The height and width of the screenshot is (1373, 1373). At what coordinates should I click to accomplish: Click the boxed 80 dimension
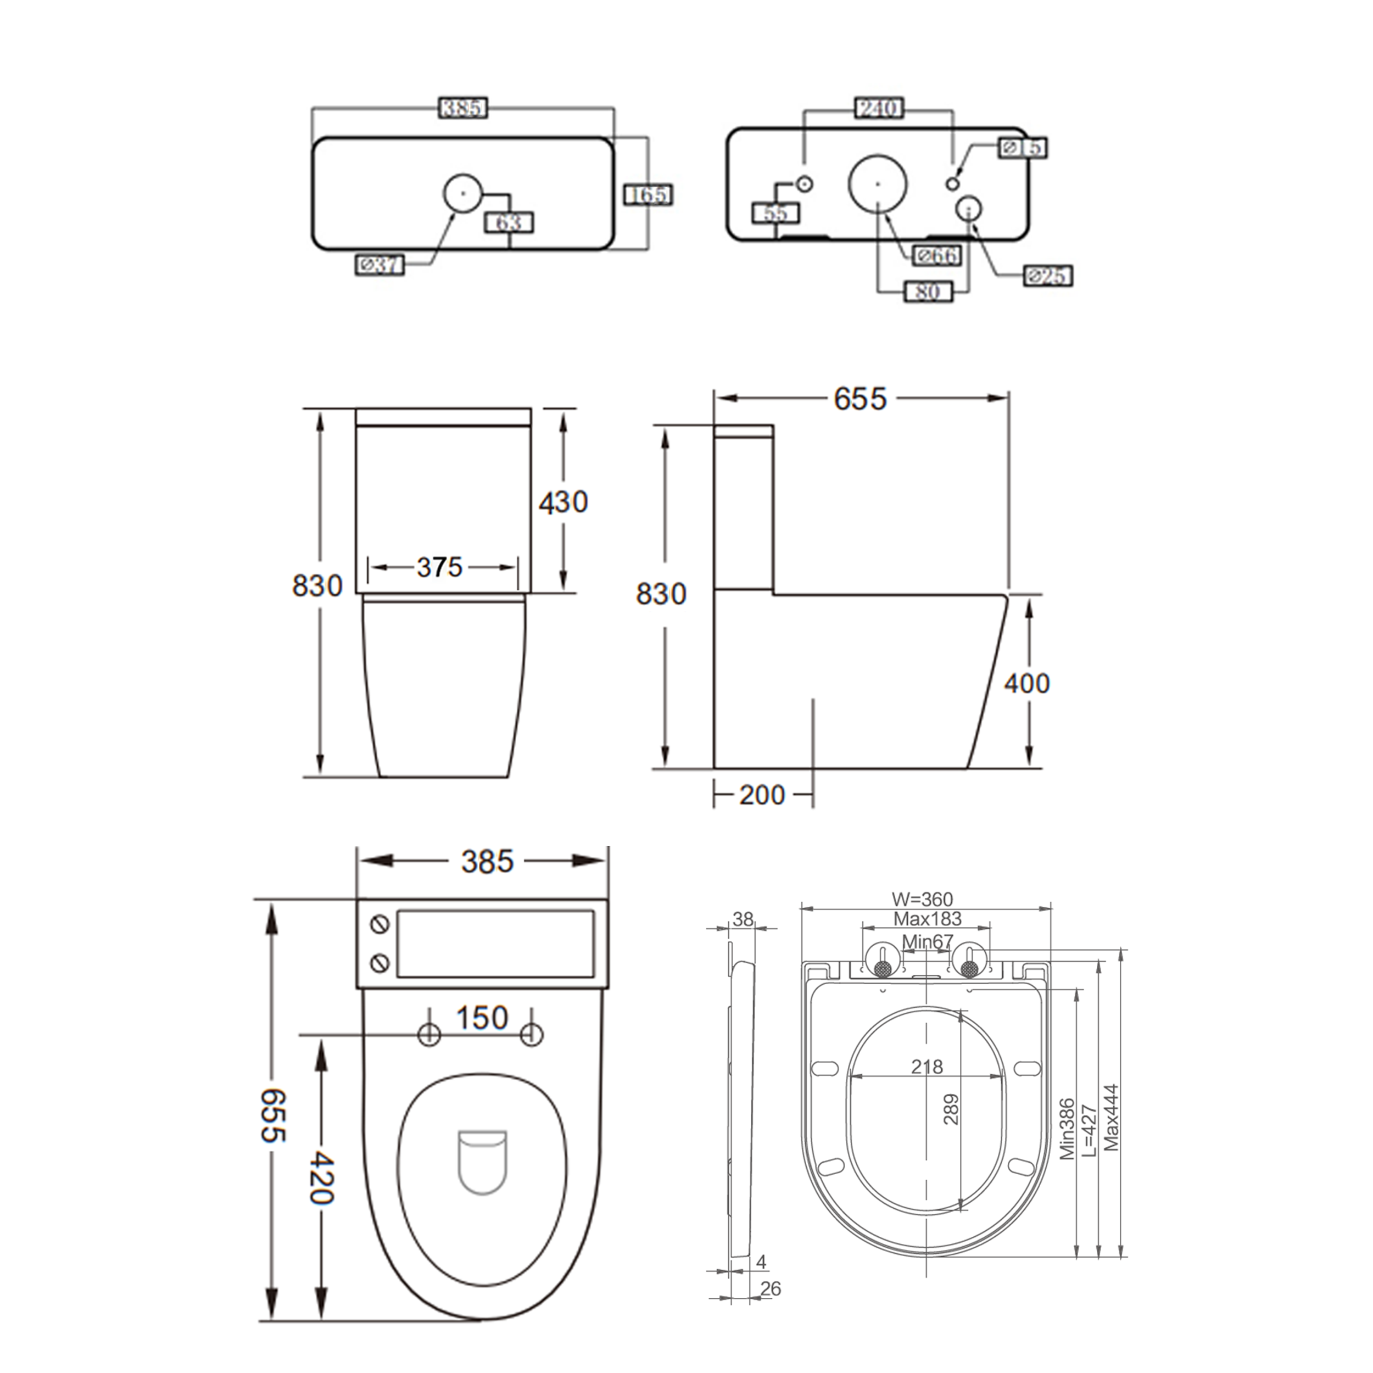[x=928, y=292]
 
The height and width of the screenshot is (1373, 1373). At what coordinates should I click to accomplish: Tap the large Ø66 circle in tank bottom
[x=878, y=183]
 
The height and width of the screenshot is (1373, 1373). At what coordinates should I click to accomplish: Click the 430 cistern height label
[x=563, y=503]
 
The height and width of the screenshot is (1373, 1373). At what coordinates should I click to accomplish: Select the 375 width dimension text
[x=439, y=567]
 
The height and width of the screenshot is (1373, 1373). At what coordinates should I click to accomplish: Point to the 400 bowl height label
[x=1026, y=684]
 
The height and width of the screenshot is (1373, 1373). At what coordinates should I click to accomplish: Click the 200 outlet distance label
[x=762, y=795]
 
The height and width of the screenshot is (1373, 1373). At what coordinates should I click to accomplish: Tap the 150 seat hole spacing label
[x=482, y=1018]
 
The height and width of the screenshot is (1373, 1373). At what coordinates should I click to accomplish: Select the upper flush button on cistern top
[x=380, y=924]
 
